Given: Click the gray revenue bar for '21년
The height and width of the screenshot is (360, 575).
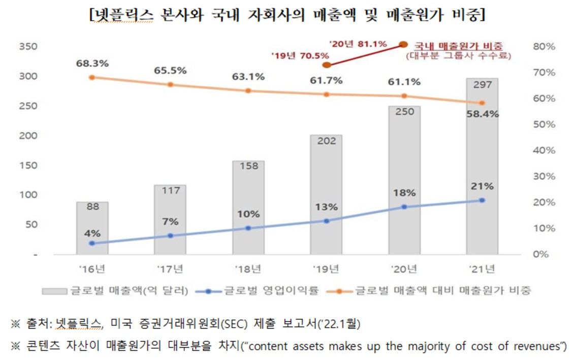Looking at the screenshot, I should pos(482,168).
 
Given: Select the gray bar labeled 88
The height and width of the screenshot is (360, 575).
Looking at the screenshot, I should pos(92,228).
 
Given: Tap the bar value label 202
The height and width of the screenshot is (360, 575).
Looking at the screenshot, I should pos(326,141).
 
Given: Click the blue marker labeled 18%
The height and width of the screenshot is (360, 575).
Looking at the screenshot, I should pos(404,207).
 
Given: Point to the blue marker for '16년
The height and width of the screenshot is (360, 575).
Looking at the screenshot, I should pos(92,243).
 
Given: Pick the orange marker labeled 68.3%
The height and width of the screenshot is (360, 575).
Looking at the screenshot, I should pos(92,77).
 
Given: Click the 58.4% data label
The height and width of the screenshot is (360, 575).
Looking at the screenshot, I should pos(482,114).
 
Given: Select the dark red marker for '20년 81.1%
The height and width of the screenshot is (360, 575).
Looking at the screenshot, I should pos(404,45).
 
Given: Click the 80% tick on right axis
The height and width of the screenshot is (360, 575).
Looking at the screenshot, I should pos(545,47).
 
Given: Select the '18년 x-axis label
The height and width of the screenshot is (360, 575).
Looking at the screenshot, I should pos(248,268).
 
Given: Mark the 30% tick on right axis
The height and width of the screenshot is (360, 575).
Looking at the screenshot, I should pos(545,176).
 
